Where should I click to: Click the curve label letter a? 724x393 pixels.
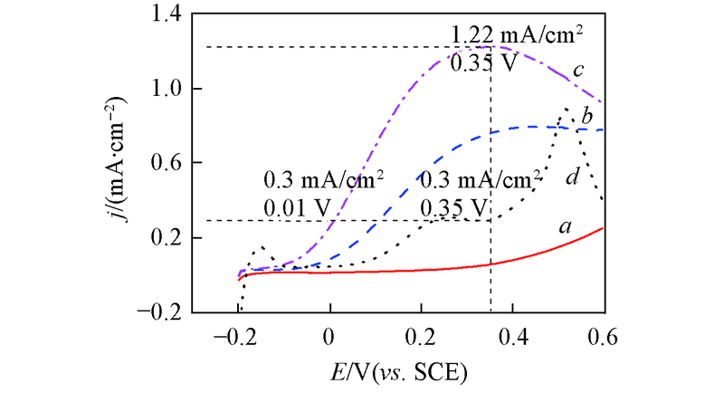(x=566, y=228)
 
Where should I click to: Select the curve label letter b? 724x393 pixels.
(x=586, y=118)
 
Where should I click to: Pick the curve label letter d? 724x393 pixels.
(x=572, y=178)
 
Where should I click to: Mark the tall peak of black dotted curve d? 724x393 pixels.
(x=567, y=109)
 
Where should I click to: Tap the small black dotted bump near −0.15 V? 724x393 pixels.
(x=262, y=246)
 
